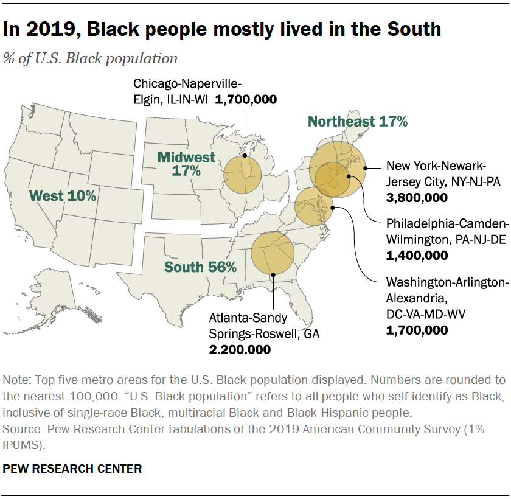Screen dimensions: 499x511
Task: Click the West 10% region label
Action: [x=63, y=195]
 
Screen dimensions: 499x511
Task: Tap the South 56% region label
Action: [x=200, y=267]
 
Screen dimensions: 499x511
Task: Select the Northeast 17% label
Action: [x=357, y=121]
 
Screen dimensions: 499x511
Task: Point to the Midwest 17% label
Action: [x=186, y=164]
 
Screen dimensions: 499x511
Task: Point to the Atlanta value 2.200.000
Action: [x=240, y=349]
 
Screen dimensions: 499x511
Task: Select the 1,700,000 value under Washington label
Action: [x=417, y=330]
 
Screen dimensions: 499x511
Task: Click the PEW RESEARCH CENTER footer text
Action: [x=72, y=469]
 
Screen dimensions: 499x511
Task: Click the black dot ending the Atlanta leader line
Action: [x=274, y=275]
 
